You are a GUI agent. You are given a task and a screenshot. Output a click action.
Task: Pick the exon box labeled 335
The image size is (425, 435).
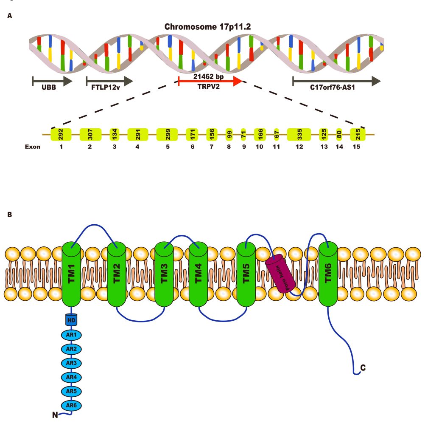coord(299,135)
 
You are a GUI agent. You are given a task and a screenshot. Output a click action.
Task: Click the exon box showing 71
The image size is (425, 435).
coord(243,135)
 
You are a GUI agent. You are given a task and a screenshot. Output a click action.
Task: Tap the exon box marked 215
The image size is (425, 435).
coord(358,135)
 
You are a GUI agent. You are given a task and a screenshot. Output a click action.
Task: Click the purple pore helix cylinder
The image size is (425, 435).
coord(280,274)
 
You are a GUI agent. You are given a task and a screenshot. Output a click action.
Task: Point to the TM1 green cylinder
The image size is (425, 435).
coord(71,274)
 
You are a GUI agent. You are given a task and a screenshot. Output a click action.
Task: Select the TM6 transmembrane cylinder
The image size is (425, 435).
coord(327,274)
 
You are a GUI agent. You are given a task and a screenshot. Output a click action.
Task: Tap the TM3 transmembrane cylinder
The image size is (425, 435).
coord(164,274)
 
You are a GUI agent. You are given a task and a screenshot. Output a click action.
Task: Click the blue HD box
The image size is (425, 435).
coord(71,319)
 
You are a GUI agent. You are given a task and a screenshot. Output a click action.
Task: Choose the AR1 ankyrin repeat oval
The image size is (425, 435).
coord(71,335)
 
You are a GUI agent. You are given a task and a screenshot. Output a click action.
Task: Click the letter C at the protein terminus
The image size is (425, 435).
coord(363,368)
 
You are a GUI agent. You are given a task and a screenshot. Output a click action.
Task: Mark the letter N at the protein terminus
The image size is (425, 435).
coord(55,415)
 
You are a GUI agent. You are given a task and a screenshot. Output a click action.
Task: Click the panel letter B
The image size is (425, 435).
coord(10,215)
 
